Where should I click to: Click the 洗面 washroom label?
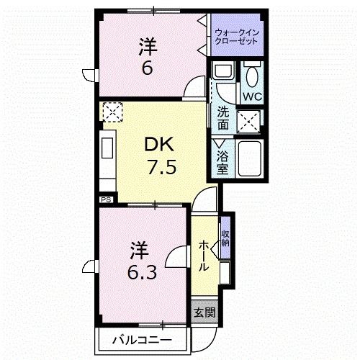click(x=223, y=118)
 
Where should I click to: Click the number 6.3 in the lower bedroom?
click(x=139, y=274)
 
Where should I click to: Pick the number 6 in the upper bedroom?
click(x=148, y=70)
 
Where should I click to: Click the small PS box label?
click(x=105, y=199)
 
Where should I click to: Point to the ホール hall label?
click(x=204, y=256)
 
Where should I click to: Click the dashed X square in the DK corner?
click(x=112, y=112)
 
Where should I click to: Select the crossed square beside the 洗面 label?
click(x=250, y=120)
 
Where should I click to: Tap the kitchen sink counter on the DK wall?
click(x=106, y=152)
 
